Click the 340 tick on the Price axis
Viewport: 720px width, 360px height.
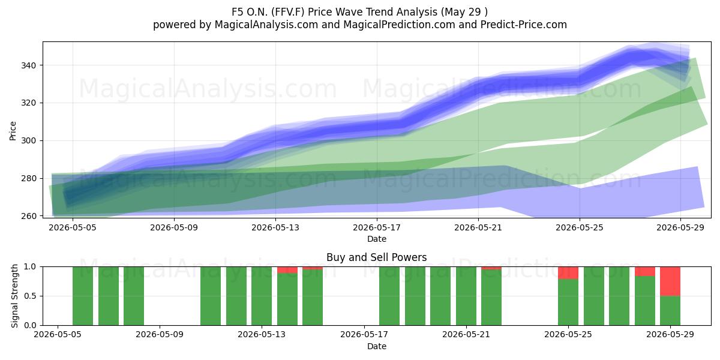pos(28,65)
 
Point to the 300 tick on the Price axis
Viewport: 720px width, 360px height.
pos(28,141)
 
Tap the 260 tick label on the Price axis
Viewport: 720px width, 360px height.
pos(28,216)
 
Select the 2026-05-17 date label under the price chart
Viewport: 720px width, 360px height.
pos(377,227)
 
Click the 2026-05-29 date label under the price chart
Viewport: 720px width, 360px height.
pos(680,227)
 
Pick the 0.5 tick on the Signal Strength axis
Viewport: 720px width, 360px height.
pos(30,296)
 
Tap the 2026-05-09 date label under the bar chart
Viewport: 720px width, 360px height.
pos(160,335)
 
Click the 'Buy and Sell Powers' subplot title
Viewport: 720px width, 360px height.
pos(376,257)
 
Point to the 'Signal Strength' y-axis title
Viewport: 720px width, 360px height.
pos(14,296)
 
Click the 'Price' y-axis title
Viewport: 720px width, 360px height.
pos(13,131)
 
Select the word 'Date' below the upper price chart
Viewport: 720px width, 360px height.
pos(377,239)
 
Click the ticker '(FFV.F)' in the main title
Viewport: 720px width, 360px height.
pos(288,12)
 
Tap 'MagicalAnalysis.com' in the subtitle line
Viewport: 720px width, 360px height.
pos(266,25)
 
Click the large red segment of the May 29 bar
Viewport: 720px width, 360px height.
pos(670,281)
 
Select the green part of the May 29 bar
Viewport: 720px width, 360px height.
pos(670,311)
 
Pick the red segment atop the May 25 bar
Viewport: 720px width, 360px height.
pos(568,273)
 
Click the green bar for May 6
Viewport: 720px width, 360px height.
pos(83,296)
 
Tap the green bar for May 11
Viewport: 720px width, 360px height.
pos(211,296)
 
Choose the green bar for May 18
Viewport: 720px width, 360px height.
pos(389,296)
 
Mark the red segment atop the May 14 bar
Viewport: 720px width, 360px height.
pos(287,270)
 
